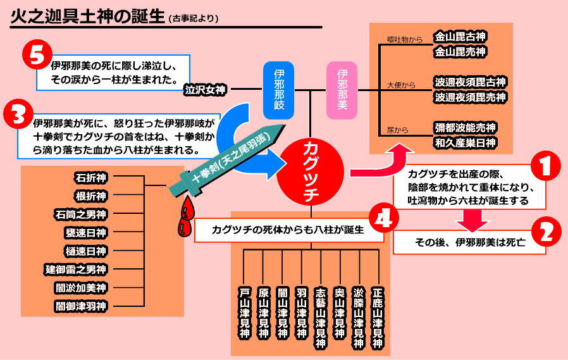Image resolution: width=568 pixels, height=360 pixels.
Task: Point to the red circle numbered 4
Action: tap(384, 219)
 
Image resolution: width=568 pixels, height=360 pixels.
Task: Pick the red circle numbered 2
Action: tap(546, 232)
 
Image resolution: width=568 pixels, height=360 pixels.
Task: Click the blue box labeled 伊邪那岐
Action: tap(279, 90)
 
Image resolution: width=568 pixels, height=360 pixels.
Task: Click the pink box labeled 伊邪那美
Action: tap(342, 90)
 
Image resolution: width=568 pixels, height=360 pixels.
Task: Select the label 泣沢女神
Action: tap(205, 90)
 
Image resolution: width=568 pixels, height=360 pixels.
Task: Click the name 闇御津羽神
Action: tap(80, 307)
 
